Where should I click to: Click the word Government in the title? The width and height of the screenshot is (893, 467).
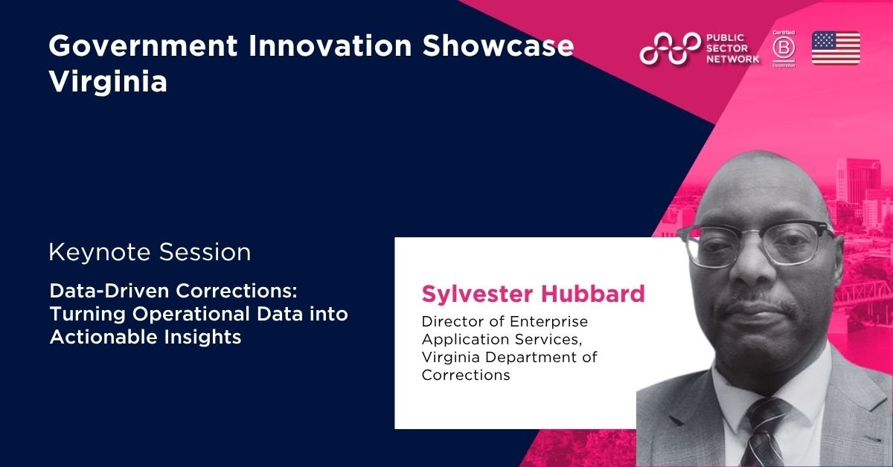tap(143, 46)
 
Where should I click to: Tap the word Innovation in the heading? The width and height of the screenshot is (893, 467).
tap(330, 46)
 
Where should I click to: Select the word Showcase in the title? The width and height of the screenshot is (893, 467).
tap(499, 46)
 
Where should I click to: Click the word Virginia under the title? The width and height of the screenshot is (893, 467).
tap(108, 83)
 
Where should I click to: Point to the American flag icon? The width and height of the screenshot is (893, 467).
tap(836, 48)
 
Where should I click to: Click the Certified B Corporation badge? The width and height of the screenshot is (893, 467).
tap(784, 48)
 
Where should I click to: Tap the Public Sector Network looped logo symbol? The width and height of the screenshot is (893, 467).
tap(670, 48)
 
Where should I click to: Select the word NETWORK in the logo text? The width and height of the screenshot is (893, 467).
tap(733, 59)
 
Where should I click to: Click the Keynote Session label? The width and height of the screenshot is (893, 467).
tap(150, 252)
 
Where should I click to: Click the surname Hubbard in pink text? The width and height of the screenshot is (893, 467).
tap(593, 294)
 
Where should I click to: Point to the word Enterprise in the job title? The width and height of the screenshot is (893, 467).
tap(548, 321)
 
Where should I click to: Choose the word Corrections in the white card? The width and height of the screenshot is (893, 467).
tap(466, 375)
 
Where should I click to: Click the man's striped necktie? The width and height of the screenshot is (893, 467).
tap(764, 432)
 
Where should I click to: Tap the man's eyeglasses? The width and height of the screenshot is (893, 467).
tap(758, 244)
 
